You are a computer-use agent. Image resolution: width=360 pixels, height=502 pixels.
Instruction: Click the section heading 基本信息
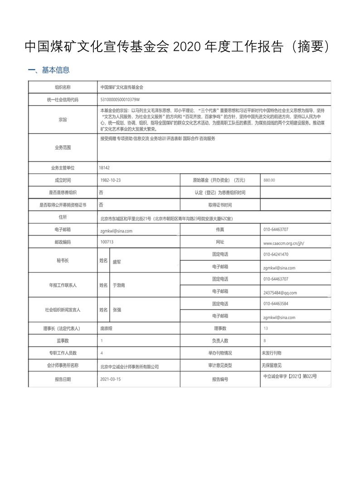click(55, 70)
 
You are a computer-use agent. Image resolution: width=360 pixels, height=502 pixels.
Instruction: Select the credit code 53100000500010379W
click(120, 99)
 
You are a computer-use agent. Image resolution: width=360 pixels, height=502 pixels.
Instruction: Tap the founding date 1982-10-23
click(111, 180)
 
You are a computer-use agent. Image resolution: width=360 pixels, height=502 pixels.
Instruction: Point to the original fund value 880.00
click(269, 180)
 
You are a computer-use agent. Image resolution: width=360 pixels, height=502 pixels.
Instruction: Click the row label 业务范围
click(63, 148)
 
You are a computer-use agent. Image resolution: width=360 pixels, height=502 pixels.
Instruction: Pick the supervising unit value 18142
click(104, 168)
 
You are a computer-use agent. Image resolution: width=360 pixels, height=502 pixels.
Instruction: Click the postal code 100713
click(107, 242)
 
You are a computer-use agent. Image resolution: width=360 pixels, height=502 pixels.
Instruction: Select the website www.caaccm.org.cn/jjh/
click(283, 243)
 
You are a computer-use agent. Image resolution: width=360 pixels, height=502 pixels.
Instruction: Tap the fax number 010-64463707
click(276, 230)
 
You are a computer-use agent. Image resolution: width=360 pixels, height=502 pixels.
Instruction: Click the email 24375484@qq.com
click(280, 293)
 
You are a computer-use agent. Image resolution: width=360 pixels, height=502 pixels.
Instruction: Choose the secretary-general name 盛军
click(117, 261)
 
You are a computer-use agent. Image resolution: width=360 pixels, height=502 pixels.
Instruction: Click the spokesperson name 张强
click(117, 310)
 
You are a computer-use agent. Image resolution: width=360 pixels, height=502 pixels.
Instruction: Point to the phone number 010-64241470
click(276, 255)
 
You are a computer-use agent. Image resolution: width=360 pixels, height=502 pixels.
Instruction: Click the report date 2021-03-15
click(111, 379)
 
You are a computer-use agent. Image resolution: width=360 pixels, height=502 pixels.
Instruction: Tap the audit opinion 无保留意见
click(272, 365)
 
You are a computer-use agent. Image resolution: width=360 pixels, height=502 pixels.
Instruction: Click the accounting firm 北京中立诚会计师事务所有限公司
click(129, 366)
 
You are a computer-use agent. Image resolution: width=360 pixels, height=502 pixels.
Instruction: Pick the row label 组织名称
click(63, 87)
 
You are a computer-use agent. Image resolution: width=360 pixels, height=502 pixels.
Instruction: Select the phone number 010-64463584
click(276, 304)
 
